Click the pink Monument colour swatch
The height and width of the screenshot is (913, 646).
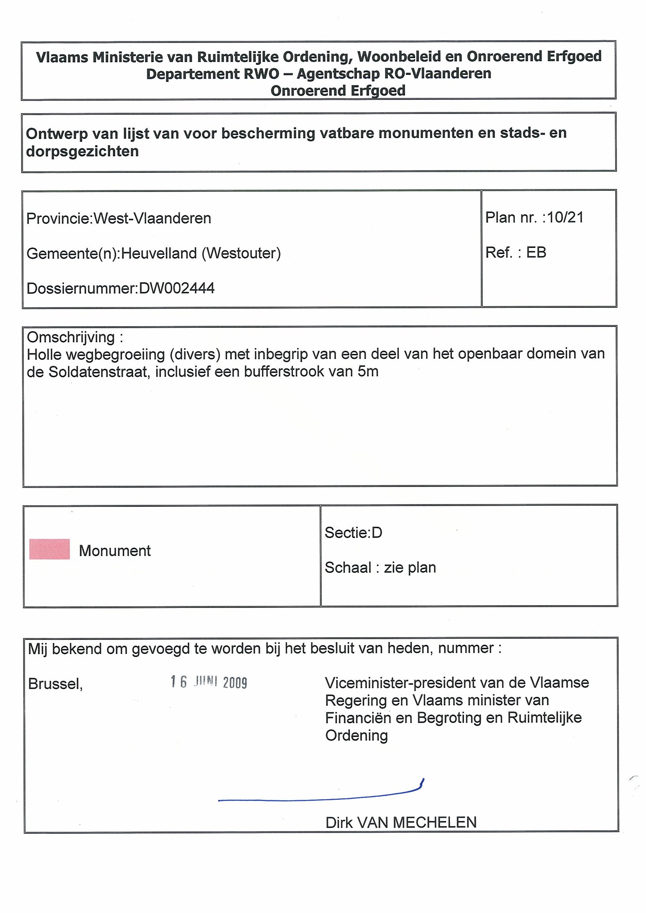(x=49, y=549)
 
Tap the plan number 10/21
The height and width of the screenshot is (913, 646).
(x=565, y=217)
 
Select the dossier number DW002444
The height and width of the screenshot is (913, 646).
(x=177, y=288)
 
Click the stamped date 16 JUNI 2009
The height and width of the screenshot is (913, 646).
(x=209, y=682)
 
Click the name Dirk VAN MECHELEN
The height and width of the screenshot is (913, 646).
(x=401, y=822)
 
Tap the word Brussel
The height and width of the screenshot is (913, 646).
(x=55, y=684)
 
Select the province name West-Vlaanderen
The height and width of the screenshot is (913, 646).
(x=152, y=218)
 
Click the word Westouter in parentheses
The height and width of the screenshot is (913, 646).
(x=241, y=253)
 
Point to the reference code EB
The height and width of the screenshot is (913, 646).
(x=536, y=252)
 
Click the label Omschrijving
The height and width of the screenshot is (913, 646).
(x=71, y=337)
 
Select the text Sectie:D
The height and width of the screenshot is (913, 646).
(x=353, y=533)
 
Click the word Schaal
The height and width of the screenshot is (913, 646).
(x=348, y=567)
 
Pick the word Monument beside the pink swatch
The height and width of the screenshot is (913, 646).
(x=115, y=551)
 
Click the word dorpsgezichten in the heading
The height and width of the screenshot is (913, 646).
(x=82, y=151)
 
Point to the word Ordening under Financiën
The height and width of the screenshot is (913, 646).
(x=356, y=735)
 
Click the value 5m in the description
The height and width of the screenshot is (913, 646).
(x=368, y=371)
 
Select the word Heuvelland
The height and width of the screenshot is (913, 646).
(x=159, y=253)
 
